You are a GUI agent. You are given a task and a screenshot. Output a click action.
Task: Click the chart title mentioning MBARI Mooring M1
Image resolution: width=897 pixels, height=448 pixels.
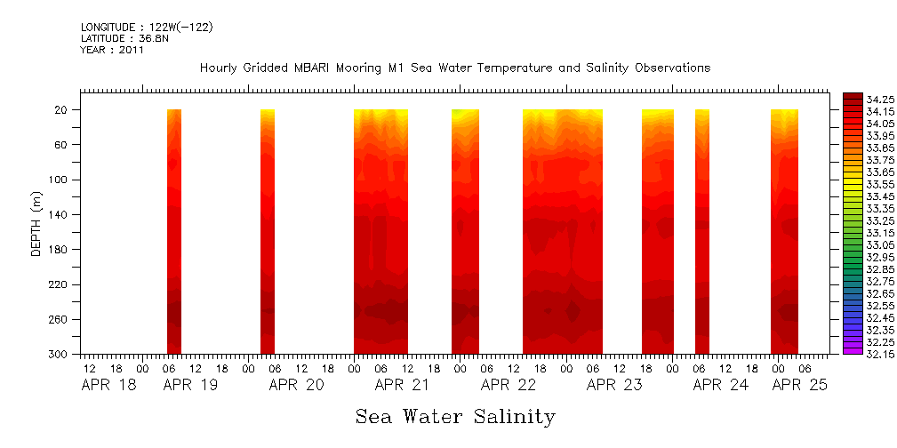point(454,68)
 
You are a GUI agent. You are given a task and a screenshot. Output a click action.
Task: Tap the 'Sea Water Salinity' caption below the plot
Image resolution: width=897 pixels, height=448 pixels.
point(455,416)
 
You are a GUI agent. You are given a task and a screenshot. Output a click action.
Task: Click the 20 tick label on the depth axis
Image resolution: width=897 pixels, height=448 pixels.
point(62,110)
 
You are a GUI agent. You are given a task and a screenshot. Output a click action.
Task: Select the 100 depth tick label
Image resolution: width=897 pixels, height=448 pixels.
point(60,180)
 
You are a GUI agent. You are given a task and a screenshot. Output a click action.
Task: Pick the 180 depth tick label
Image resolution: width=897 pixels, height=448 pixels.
point(60,250)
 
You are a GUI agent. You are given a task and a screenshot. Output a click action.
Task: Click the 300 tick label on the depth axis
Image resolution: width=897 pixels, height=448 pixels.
point(60,355)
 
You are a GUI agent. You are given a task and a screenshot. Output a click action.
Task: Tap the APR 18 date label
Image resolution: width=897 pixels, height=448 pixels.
point(108,385)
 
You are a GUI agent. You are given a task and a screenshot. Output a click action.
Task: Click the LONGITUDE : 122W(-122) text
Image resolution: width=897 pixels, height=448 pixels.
point(147,28)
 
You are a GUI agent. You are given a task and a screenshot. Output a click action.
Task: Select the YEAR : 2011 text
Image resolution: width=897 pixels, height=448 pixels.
point(112,51)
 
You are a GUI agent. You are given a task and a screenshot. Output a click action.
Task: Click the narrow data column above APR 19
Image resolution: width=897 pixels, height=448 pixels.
point(174,231)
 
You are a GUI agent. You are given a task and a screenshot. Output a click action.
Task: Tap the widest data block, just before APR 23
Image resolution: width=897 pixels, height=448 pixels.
point(562,231)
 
